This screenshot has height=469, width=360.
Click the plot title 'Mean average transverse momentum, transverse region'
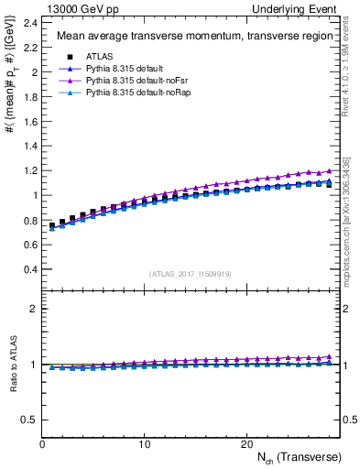click(191, 37)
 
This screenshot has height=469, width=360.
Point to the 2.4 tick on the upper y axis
click(29, 22)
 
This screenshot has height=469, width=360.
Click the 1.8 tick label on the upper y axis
click(29, 96)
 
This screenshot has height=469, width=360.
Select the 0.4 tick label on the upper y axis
click(29, 269)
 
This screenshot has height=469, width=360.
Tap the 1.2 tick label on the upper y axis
click(29, 170)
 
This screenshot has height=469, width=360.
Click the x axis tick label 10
click(145, 443)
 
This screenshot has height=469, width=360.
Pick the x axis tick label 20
click(246, 443)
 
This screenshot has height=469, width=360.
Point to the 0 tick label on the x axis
click(43, 443)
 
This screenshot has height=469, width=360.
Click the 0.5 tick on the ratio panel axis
click(29, 420)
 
